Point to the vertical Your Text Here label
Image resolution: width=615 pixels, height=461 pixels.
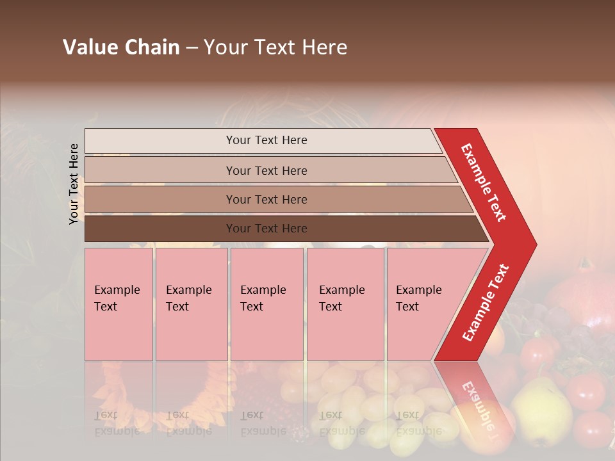point(74,184)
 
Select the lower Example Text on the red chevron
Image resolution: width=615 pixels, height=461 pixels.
point(486,303)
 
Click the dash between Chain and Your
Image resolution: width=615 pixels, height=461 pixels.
point(192,48)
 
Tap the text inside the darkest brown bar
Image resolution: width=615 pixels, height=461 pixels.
point(266,229)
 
